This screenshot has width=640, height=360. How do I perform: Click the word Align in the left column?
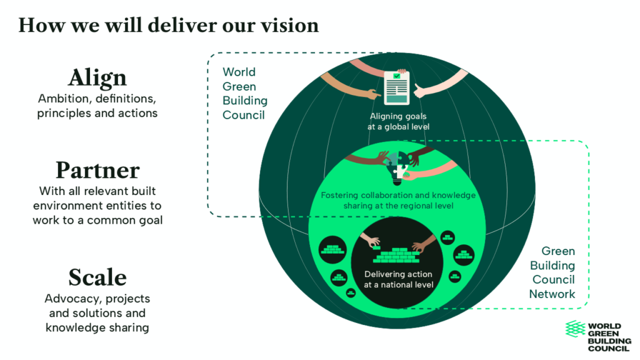[x=97, y=78]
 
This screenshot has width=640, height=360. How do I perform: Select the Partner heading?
[x=97, y=170]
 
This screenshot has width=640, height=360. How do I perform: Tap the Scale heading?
[x=97, y=276]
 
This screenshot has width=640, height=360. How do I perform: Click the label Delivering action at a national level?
[x=398, y=279]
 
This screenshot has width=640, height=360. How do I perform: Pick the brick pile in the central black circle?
[x=396, y=256]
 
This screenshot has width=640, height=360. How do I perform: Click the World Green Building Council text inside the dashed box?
[x=245, y=94]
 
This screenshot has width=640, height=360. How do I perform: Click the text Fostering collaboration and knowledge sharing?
[x=398, y=200]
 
